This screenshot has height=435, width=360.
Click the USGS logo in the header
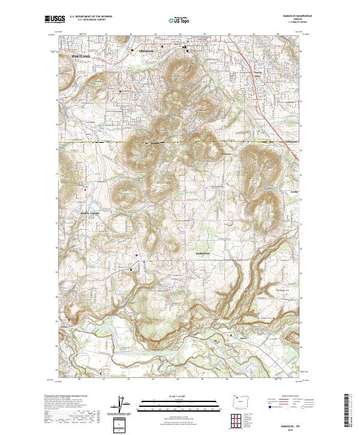point(54,19)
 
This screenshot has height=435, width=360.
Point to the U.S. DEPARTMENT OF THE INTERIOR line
point(91,17)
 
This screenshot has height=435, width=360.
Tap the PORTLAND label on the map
point(80,56)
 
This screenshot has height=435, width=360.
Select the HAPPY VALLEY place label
point(90,213)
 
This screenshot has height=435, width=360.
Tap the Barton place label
point(244,339)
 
